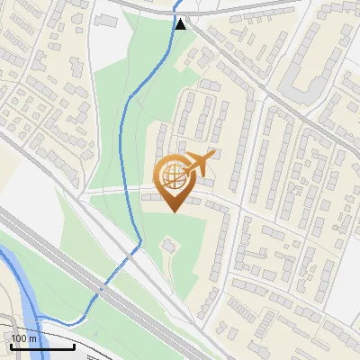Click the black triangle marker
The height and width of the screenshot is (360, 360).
coord(182,23)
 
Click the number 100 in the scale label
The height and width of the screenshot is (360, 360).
coord(19,337)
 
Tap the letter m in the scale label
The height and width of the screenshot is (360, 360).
coord(32,337)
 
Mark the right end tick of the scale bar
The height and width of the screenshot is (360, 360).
coord(74,345)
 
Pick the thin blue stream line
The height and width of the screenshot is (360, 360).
coord(126,135)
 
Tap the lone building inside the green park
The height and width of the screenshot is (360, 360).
coord(168,245)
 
